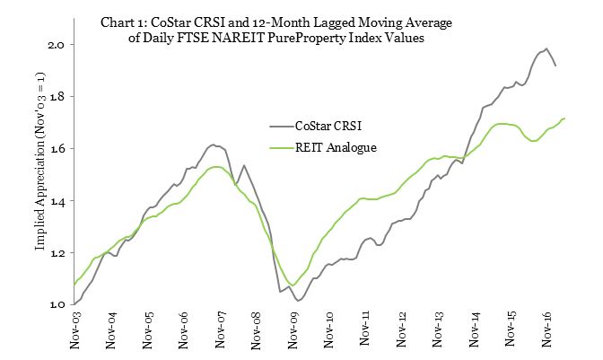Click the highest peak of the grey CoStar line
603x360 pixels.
point(546,48)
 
